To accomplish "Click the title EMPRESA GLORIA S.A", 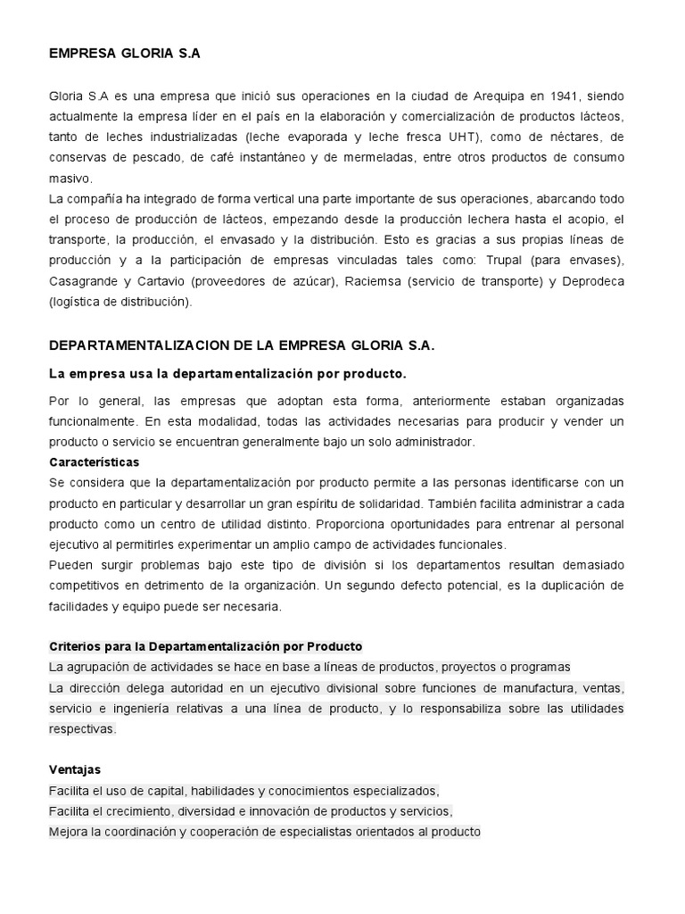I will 125,54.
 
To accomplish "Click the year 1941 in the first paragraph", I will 564,96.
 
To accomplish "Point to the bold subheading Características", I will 94,462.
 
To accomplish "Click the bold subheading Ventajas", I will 75,769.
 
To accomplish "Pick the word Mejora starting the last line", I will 70,832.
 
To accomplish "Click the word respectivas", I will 82,729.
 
